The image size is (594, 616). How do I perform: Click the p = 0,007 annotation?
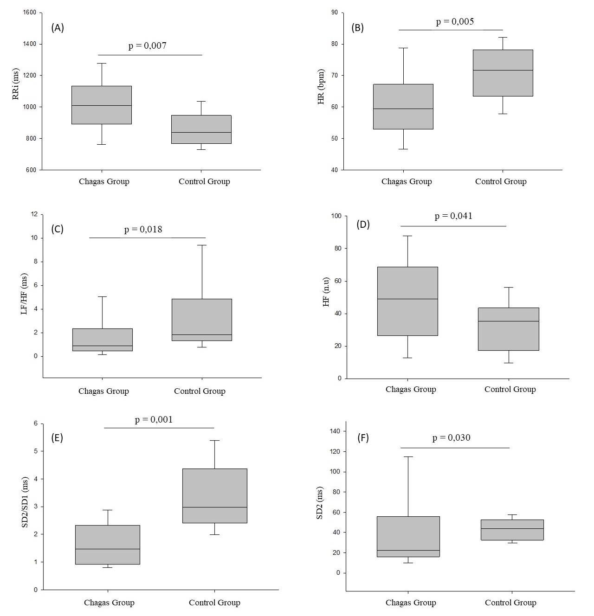(147, 45)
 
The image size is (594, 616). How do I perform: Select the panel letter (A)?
(57, 28)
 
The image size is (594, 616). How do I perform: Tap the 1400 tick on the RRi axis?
(29, 44)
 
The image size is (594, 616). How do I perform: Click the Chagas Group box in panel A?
(102, 105)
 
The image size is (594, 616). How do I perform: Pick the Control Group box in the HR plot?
(503, 73)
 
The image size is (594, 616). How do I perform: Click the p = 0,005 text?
(455, 21)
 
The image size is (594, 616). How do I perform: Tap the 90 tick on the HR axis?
(335, 13)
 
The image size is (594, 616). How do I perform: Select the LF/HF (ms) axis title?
(25, 294)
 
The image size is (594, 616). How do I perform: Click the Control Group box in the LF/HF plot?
(202, 320)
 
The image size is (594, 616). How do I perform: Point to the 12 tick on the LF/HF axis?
(34, 214)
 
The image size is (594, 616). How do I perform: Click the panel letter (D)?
(363, 225)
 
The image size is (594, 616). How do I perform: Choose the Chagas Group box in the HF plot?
(407, 301)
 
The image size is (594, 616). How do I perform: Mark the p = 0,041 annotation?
(453, 216)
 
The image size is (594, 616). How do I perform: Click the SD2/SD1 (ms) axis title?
(25, 502)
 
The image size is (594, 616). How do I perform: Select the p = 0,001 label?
(154, 419)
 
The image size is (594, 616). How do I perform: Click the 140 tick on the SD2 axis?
(335, 431)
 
